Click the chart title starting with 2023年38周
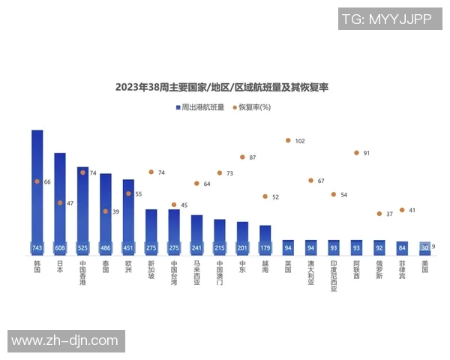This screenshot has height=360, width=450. (222, 87)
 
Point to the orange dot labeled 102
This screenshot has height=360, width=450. (288, 140)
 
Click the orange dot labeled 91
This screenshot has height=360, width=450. (356, 153)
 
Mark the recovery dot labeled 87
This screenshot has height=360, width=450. (242, 157)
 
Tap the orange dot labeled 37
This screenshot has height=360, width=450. (379, 214)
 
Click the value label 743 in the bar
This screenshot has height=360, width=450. (37, 247)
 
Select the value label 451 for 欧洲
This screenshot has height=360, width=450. (128, 247)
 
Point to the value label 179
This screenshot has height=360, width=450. (265, 247)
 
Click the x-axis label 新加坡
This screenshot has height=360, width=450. (151, 273)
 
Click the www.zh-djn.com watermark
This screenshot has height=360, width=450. (64, 341)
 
